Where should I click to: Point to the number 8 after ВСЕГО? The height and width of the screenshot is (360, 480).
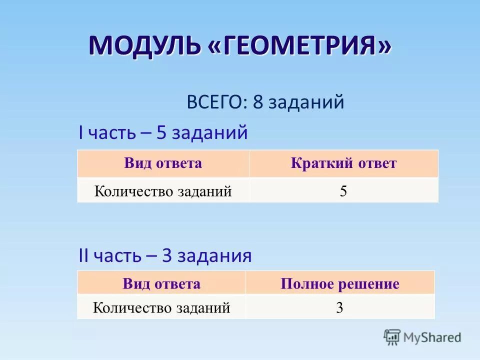pyautogui.click(x=257, y=102)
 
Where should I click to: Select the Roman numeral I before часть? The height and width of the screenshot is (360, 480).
pyautogui.click(x=81, y=132)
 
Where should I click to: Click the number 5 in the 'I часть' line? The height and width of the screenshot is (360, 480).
pyautogui.click(x=161, y=132)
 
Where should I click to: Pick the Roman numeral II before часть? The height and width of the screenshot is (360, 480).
pyautogui.click(x=83, y=256)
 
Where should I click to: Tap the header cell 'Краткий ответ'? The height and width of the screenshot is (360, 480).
pyautogui.click(x=343, y=163)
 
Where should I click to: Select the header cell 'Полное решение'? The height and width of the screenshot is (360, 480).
pyautogui.click(x=340, y=284)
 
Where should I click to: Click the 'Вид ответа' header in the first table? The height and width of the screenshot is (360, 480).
pyautogui.click(x=163, y=163)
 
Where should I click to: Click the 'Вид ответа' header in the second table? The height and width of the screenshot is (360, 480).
pyautogui.click(x=161, y=284)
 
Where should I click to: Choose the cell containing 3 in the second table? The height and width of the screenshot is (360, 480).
pyautogui.click(x=339, y=307)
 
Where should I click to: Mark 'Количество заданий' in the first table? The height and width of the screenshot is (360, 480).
pyautogui.click(x=163, y=191)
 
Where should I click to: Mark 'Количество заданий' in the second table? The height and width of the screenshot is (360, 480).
pyautogui.click(x=161, y=307)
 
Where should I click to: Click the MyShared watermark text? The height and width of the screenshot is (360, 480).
pyautogui.click(x=433, y=337)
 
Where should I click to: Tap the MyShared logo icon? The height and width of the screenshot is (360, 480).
pyautogui.click(x=392, y=337)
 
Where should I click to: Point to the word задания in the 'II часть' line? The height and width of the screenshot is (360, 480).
pyautogui.click(x=214, y=256)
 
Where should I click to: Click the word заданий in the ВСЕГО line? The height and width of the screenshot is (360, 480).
pyautogui.click(x=306, y=102)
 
